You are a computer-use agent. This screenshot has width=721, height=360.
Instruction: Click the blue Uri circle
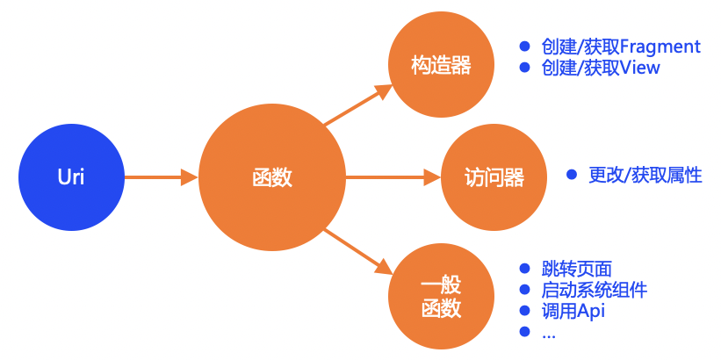[x=71, y=177]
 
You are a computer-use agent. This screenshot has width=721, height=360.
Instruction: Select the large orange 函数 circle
[x=272, y=177]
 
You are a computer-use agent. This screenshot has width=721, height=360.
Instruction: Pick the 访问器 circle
[x=494, y=177]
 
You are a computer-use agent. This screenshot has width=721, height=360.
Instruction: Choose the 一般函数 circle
[x=440, y=298]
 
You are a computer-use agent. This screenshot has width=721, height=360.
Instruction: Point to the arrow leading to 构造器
[x=357, y=104]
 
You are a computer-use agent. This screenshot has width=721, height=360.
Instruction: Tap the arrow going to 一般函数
[x=357, y=250]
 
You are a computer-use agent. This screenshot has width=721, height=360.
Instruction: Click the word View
[x=639, y=68]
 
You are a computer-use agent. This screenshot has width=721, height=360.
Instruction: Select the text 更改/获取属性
[x=645, y=175]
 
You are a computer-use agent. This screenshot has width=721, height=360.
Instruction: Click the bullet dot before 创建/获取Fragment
[x=525, y=47]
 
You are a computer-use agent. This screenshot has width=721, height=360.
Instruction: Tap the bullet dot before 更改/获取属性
[x=573, y=175]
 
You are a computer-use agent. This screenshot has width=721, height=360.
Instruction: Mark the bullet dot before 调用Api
[x=525, y=311]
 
